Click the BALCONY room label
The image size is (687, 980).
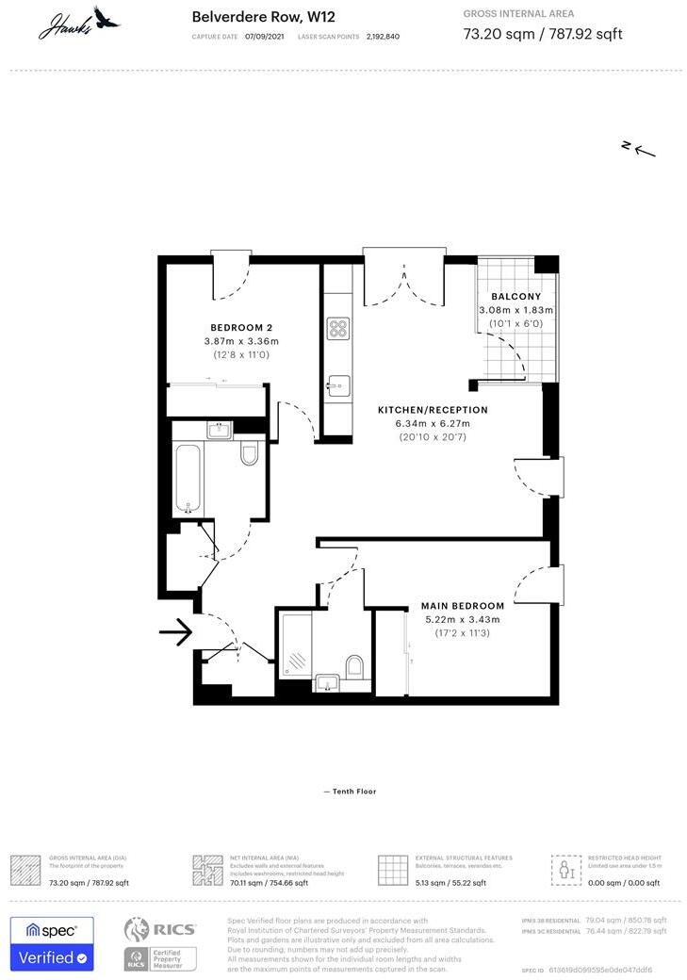point(516,297)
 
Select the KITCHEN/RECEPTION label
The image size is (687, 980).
point(433,410)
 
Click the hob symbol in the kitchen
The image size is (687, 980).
point(337,328)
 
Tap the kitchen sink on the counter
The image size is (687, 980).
point(338,386)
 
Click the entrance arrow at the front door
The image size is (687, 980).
point(175,633)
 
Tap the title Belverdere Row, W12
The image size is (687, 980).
point(250,16)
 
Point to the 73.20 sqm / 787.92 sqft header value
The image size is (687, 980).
point(543,35)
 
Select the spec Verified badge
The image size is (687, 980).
point(52,943)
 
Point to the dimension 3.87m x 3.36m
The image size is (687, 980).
point(241,341)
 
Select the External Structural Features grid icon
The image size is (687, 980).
point(392,870)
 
